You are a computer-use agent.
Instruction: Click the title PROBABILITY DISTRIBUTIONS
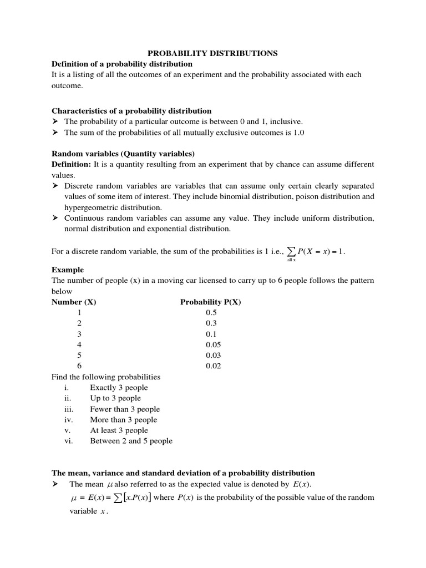212,53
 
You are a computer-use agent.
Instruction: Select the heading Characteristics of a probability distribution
131,111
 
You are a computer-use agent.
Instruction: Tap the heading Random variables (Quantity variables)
123,154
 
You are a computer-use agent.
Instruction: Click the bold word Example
68,270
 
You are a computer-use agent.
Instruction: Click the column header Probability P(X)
211,302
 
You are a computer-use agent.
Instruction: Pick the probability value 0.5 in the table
211,313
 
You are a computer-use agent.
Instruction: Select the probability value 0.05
213,344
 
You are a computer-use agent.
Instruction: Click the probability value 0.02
213,366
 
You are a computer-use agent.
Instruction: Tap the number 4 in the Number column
79,344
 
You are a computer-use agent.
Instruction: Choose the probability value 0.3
211,323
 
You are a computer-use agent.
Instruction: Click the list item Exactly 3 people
119,388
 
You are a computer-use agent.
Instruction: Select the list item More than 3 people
124,420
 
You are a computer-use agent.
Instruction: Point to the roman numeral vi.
69,441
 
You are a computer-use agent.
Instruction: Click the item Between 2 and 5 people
131,441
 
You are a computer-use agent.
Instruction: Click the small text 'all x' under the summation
291,260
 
